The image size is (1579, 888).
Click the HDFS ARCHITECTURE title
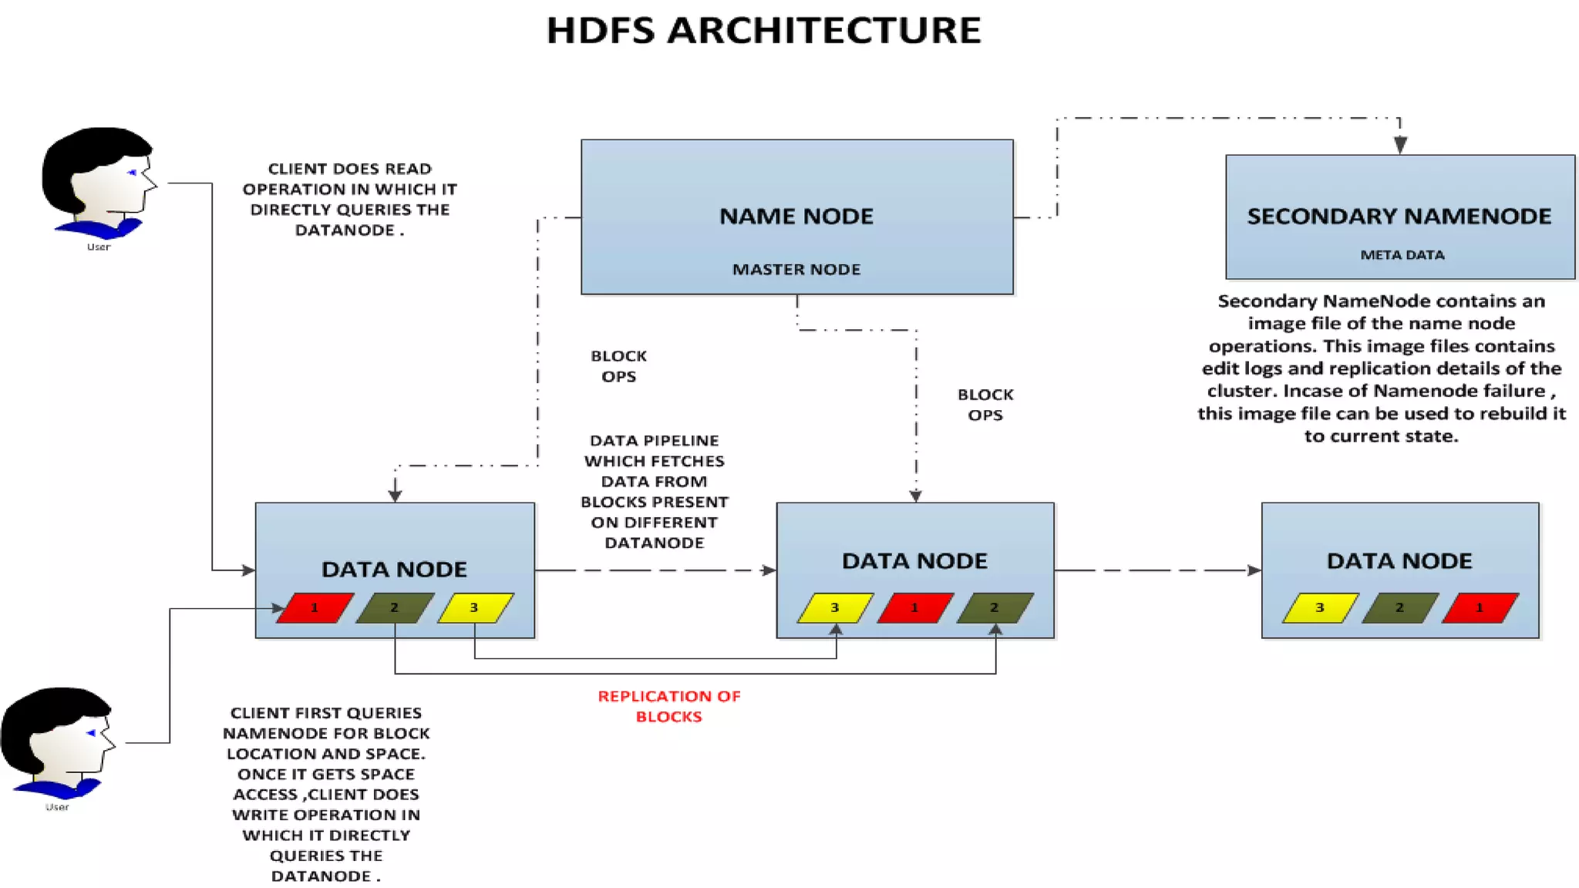pos(763,31)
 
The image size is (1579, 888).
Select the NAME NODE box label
pos(796,217)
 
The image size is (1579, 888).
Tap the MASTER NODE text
pos(796,269)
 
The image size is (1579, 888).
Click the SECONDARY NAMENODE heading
pos(1399,217)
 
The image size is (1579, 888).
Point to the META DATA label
pos(1402,255)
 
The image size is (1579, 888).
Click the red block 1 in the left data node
pos(315,607)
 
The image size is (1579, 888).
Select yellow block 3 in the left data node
pos(475,607)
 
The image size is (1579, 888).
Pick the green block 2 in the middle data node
pos(995,607)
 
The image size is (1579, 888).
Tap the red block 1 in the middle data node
pos(915,607)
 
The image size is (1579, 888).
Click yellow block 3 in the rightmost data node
pos(1320,607)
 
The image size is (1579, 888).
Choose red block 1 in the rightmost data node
pos(1480,607)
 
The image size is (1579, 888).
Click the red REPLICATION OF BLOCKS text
pos(668,706)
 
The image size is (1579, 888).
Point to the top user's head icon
pos(98,181)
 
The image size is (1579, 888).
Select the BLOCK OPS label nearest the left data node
pos(618,366)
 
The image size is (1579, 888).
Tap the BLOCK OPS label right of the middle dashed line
pos(985,405)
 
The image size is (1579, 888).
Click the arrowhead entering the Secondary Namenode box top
pos(1400,144)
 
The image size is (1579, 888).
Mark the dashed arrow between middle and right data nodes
pos(1156,570)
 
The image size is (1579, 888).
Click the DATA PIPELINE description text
pos(654,491)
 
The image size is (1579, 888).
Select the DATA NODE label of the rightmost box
pos(1399,561)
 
